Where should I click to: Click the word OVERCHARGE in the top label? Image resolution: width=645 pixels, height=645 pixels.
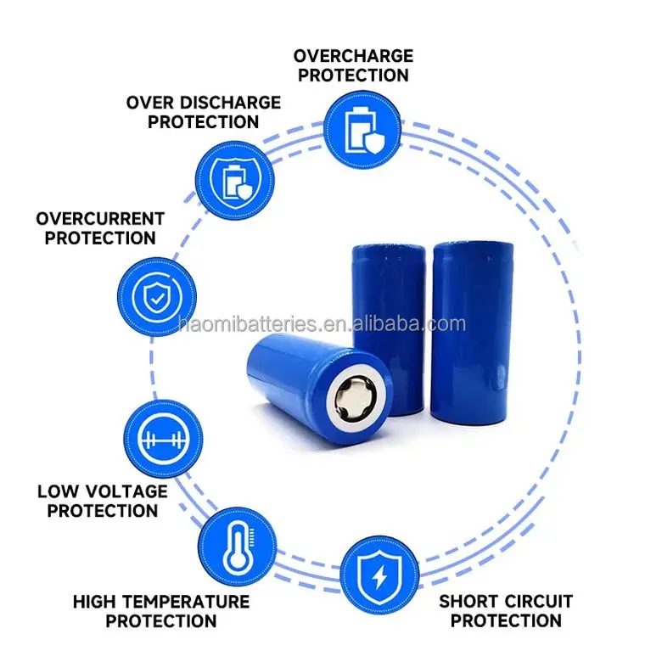(x=353, y=56)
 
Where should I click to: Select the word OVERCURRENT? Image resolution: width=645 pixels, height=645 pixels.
(x=100, y=219)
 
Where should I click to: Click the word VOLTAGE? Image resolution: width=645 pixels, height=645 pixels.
(x=125, y=491)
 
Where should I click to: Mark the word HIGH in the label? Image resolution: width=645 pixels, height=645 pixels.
(x=92, y=602)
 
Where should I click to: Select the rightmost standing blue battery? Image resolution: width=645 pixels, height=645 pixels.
(x=471, y=331)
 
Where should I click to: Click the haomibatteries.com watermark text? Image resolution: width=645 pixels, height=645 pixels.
(x=322, y=324)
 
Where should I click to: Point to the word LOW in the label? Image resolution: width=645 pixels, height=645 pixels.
(x=59, y=491)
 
